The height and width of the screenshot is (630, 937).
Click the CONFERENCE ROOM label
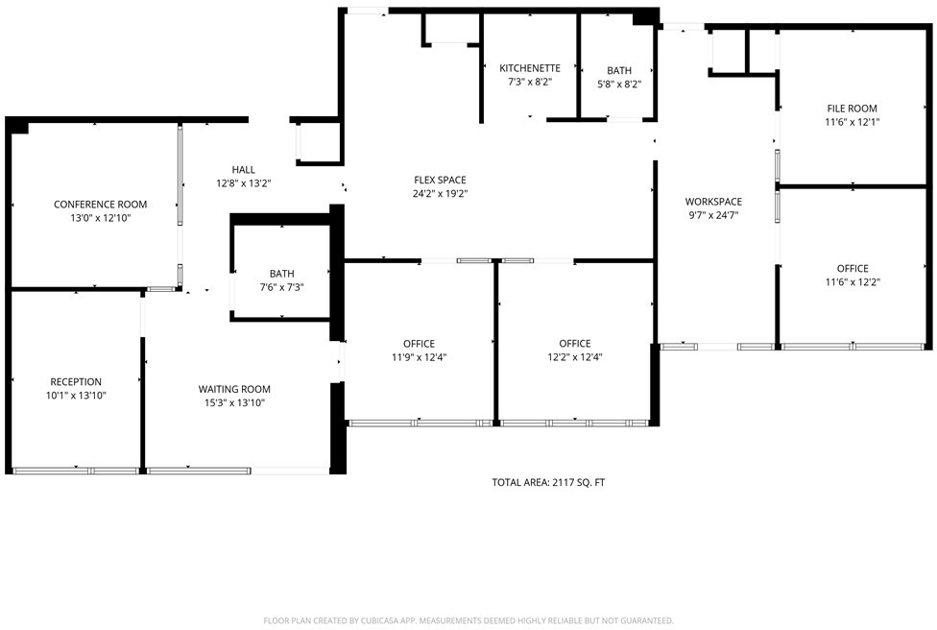pyautogui.click(x=101, y=205)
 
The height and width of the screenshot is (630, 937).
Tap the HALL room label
pyautogui.click(x=243, y=170)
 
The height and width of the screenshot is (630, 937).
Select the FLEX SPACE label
pyautogui.click(x=440, y=180)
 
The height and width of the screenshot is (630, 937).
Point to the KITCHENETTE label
pyautogui.click(x=530, y=68)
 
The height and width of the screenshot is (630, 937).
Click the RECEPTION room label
pyautogui.click(x=76, y=382)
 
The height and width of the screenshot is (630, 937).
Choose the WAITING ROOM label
pyautogui.click(x=234, y=389)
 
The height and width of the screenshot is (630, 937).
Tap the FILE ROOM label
pyautogui.click(x=853, y=109)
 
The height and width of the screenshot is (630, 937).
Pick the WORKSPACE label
pyautogui.click(x=713, y=202)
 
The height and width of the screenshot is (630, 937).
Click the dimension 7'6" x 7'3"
pyautogui.click(x=281, y=287)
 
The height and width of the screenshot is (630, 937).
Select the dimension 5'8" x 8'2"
pyautogui.click(x=619, y=85)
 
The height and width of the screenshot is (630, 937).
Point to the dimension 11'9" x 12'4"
pyautogui.click(x=419, y=357)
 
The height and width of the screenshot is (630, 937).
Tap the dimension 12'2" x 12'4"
pyautogui.click(x=575, y=357)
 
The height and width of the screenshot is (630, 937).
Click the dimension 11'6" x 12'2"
pyautogui.click(x=853, y=282)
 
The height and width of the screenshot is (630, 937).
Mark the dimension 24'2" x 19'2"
pyautogui.click(x=440, y=194)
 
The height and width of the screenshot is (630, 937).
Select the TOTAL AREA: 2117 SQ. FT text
pyautogui.click(x=548, y=482)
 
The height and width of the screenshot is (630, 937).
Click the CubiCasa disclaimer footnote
pyautogui.click(x=468, y=621)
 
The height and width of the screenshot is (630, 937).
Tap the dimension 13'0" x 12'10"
pyautogui.click(x=101, y=218)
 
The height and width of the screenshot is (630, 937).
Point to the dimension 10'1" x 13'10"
pyautogui.click(x=76, y=396)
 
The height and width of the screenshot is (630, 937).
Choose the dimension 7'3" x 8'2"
pyautogui.click(x=530, y=82)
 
